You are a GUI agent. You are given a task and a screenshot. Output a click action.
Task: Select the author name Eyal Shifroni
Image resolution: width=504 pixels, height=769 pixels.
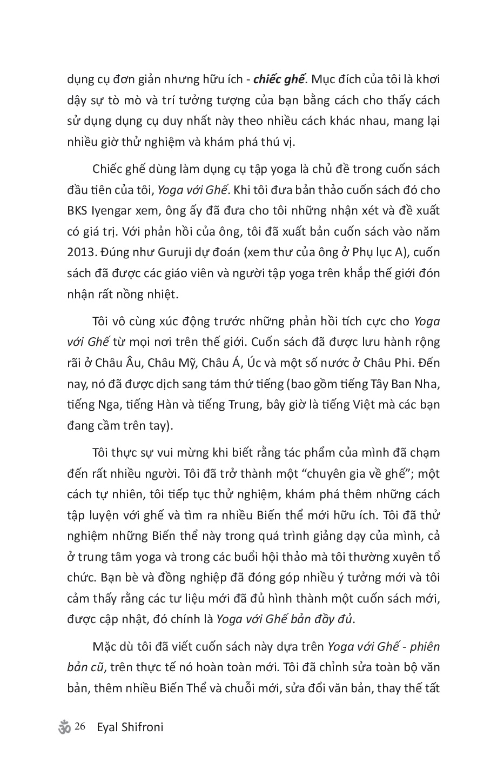click(x=129, y=727)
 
